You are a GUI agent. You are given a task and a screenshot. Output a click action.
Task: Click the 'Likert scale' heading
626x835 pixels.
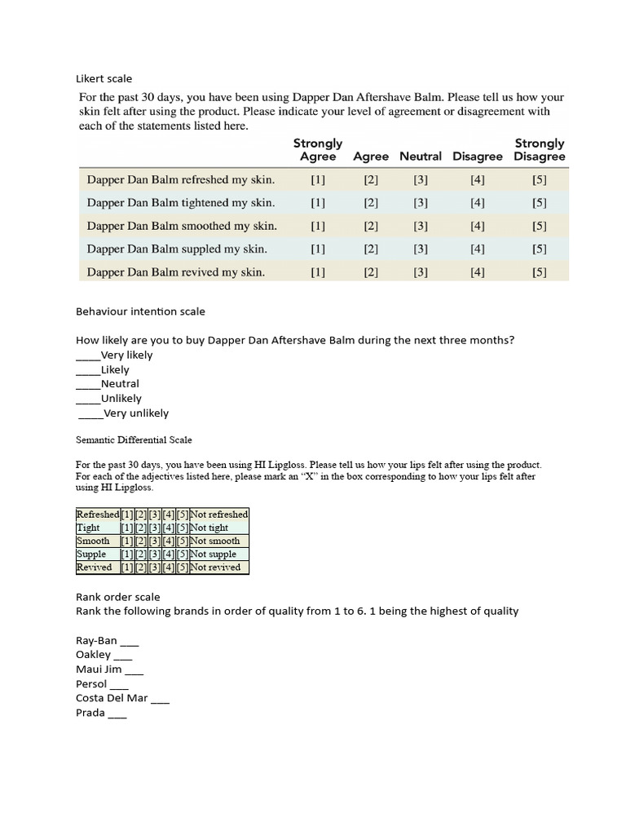pos(104,79)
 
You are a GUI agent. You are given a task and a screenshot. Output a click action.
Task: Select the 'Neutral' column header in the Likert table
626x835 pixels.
pos(421,157)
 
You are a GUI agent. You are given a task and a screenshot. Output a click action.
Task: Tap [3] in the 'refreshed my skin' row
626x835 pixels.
pos(421,179)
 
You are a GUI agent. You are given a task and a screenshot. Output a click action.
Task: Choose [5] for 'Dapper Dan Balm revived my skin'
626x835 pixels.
pos(540,272)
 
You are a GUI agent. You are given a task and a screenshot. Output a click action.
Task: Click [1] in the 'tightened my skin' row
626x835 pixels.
pos(318,203)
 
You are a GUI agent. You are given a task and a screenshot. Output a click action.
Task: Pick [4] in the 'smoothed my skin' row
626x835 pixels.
pos(478,226)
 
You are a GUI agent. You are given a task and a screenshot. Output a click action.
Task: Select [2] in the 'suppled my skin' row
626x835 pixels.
pos(371,250)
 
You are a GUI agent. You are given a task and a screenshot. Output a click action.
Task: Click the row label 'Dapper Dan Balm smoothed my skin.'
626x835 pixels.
pos(182,226)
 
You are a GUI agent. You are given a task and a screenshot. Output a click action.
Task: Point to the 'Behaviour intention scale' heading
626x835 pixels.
pos(140,311)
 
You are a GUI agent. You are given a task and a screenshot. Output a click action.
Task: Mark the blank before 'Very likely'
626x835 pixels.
pos(88,356)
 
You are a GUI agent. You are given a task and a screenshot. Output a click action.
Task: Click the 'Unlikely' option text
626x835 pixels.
pos(121,399)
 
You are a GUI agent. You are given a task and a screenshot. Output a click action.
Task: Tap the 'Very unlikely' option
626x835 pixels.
pos(136,413)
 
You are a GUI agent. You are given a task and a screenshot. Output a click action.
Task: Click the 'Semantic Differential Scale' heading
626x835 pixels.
pos(134,440)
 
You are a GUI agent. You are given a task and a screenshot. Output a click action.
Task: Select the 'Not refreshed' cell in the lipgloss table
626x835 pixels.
pos(218,515)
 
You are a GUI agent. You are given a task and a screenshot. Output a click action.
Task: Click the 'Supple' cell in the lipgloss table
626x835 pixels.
pos(91,554)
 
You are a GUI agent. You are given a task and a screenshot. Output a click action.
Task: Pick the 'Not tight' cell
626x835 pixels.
pos(209,528)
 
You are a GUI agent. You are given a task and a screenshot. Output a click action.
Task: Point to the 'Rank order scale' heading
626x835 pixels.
pos(117,597)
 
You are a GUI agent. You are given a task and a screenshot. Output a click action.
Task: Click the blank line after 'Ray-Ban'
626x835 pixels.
pos(129,642)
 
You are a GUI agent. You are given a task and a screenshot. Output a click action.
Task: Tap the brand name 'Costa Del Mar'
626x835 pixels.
pos(112,698)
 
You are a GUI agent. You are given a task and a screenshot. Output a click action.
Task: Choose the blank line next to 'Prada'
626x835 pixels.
pos(117,714)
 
